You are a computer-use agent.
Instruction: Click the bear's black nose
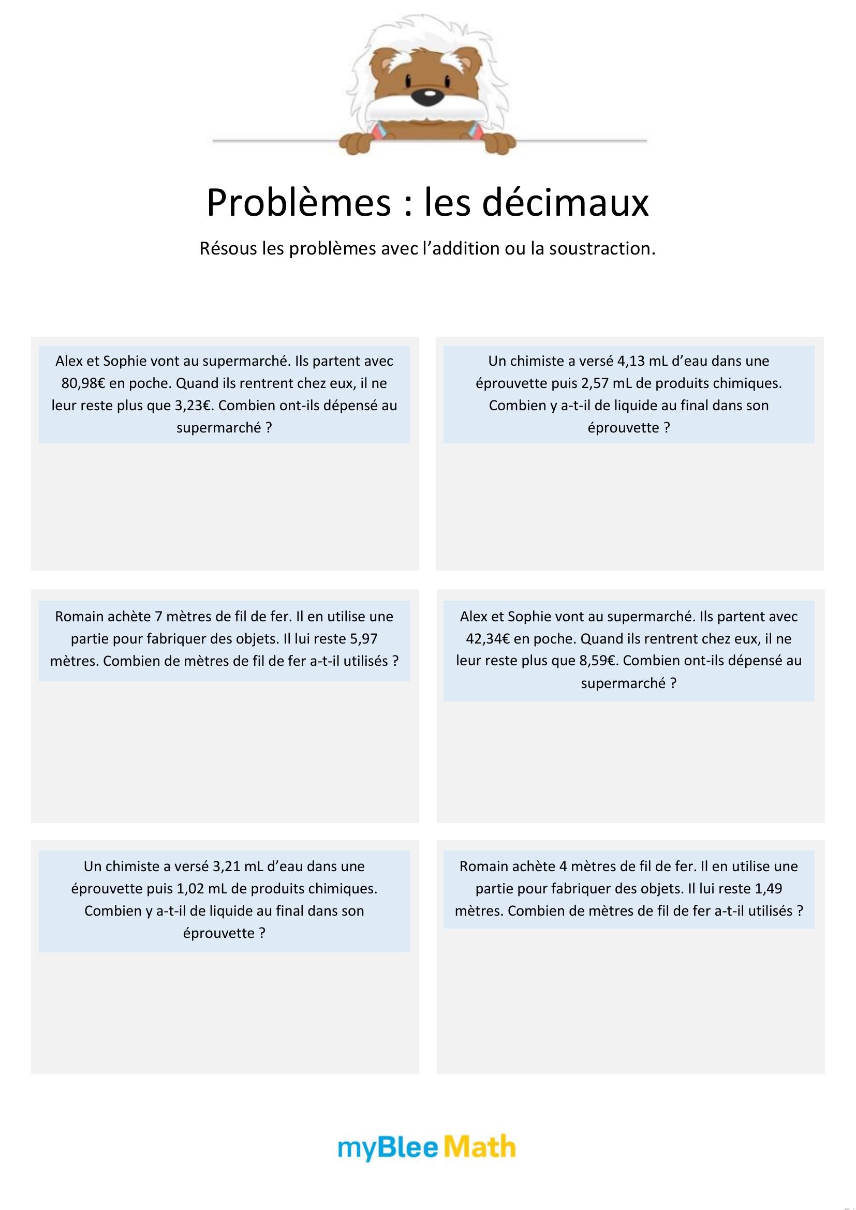point(430,95)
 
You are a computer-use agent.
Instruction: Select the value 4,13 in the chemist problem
point(634,361)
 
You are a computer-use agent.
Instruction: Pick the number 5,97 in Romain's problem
point(364,639)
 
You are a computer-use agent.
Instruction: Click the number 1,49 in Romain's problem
point(769,889)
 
